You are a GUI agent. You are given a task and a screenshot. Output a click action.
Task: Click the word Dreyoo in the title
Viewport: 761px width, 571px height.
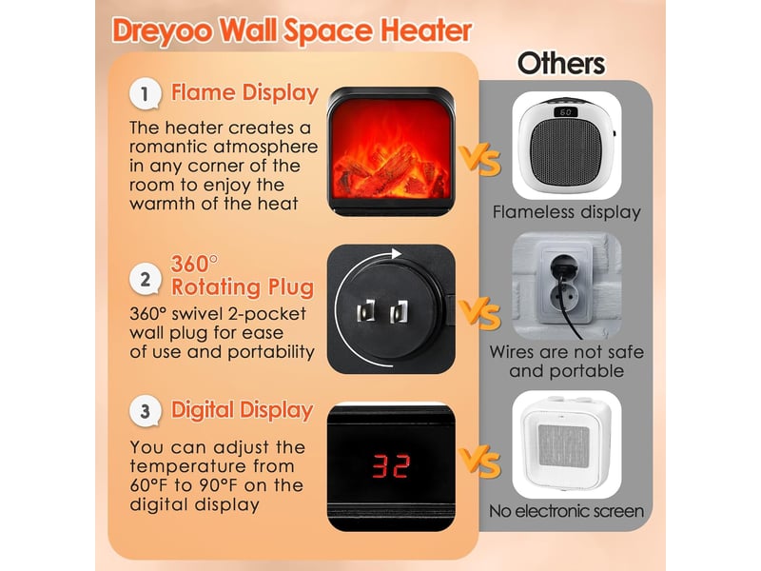pyautogui.click(x=162, y=30)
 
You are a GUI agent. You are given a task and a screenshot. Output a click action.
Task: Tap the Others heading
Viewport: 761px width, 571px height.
pyautogui.click(x=561, y=64)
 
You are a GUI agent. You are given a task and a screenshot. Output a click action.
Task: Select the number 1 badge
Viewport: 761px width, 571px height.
pyautogui.click(x=145, y=93)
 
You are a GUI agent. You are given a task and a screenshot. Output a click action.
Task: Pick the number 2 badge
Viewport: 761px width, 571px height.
pyautogui.click(x=145, y=279)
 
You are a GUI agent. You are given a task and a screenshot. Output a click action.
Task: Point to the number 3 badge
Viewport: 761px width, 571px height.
pyautogui.click(x=145, y=411)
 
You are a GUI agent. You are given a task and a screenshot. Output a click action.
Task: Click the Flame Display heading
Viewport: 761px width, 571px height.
pyautogui.click(x=244, y=92)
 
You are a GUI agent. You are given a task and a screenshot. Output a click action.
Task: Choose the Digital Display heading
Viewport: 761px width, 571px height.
pyautogui.click(x=243, y=410)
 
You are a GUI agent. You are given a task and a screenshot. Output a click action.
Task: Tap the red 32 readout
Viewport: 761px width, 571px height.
pyautogui.click(x=392, y=465)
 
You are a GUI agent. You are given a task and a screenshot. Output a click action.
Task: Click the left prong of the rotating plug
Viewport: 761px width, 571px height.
pyautogui.click(x=366, y=311)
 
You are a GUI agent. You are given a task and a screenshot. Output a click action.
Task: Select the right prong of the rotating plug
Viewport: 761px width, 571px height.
pyautogui.click(x=399, y=312)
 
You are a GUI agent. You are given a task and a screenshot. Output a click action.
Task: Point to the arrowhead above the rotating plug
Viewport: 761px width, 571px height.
pyautogui.click(x=397, y=253)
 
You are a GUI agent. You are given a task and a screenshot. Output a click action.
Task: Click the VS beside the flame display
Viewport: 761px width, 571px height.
pyautogui.click(x=480, y=160)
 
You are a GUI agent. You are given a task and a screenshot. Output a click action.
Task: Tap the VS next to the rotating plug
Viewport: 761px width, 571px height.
pyautogui.click(x=480, y=315)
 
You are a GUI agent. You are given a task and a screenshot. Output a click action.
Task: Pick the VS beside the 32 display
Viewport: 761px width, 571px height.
pyautogui.click(x=480, y=463)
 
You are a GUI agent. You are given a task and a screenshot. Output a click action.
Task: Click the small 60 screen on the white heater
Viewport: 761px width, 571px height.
pyautogui.click(x=565, y=112)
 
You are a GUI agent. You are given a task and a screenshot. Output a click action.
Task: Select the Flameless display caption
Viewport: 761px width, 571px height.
pyautogui.click(x=566, y=212)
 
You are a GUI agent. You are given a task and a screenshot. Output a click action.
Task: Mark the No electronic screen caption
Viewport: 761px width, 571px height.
pyautogui.click(x=566, y=511)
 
